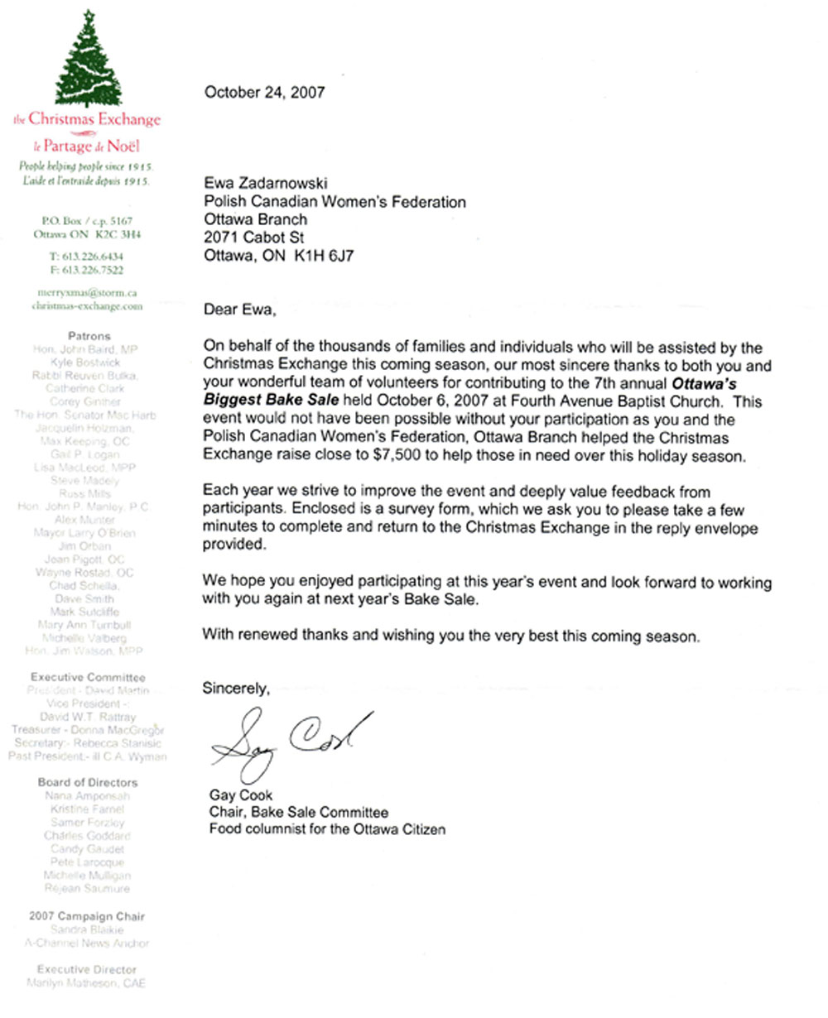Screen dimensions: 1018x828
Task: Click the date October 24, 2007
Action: pyautogui.click(x=264, y=93)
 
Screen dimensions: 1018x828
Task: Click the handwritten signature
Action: pyautogui.click(x=290, y=742)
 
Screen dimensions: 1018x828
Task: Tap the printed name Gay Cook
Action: pyautogui.click(x=241, y=796)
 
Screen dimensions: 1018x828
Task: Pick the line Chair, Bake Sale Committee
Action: pyautogui.click(x=298, y=812)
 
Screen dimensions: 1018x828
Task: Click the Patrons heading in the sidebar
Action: pyautogui.click(x=88, y=337)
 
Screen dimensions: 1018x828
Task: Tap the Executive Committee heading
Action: pyautogui.click(x=88, y=677)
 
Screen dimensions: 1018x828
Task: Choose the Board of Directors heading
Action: pyautogui.click(x=88, y=782)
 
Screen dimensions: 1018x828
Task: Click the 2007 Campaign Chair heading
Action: pyautogui.click(x=87, y=916)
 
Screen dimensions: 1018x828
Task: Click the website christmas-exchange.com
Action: pyautogui.click(x=87, y=305)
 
